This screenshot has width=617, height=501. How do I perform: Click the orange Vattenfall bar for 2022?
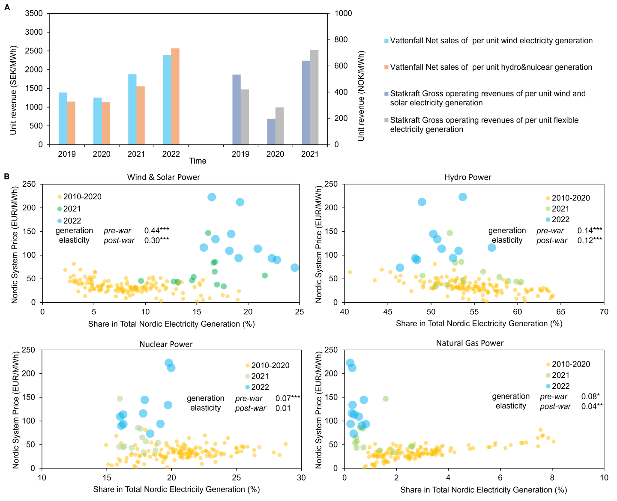[x=175, y=96]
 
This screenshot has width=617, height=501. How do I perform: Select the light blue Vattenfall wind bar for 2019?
[x=63, y=119]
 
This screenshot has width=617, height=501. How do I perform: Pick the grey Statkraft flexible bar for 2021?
[x=314, y=97]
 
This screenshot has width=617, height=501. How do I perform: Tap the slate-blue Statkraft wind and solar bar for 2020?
[x=271, y=132]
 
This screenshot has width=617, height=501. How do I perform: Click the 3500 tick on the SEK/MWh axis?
[x=34, y=13]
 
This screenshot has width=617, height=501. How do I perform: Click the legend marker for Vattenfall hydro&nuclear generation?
[x=386, y=67]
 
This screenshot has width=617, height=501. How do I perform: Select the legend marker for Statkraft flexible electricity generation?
[x=386, y=120]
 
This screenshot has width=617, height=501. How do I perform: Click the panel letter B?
[x=6, y=176]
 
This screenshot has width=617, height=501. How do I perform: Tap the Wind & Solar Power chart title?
[x=163, y=177]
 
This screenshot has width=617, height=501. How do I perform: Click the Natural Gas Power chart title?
[x=470, y=343]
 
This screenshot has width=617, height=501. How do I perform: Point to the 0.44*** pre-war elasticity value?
[x=156, y=231]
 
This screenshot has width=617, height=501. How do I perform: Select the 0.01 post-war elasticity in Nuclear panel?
[x=283, y=408]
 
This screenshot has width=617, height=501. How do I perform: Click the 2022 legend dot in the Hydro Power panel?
[x=548, y=220]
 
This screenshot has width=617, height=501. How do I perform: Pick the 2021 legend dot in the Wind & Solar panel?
[x=60, y=209]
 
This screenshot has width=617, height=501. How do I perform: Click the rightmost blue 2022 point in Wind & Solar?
[x=294, y=268]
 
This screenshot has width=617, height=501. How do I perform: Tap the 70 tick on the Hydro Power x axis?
[x=604, y=312]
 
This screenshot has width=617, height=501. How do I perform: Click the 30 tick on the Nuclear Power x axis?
[x=301, y=477]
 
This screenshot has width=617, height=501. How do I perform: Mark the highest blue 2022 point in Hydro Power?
[x=463, y=197]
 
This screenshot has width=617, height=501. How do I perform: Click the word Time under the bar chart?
[x=198, y=161]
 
